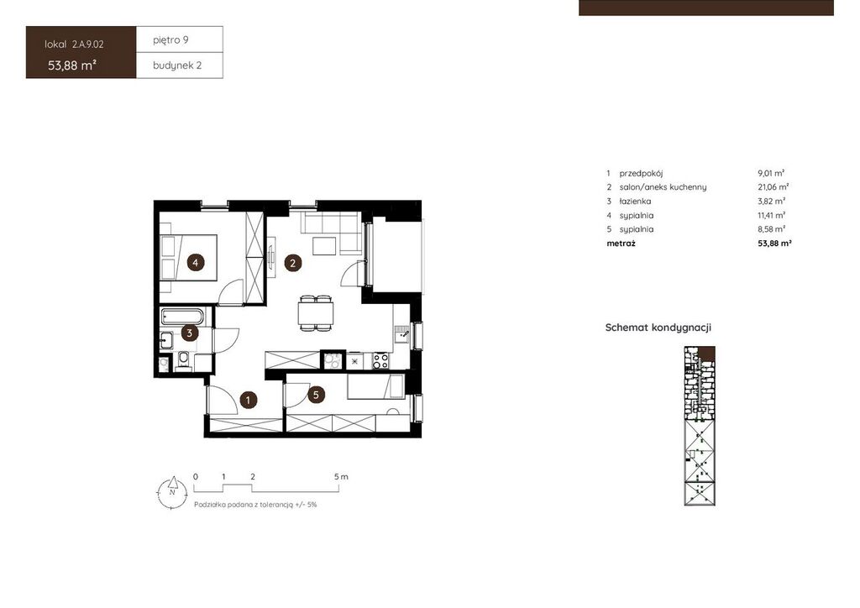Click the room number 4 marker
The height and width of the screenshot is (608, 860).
(195, 263)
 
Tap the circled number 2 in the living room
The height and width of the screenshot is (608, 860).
(293, 263)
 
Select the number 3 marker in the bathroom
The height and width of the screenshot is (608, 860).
(189, 333)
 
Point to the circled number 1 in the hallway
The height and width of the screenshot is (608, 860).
(248, 401)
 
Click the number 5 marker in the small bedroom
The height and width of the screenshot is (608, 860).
(316, 394)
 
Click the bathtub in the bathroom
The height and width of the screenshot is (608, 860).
(182, 317)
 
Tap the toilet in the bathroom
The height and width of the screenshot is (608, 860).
(183, 361)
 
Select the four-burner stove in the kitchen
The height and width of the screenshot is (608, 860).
(380, 360)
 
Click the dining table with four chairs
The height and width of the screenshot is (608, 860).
(316, 313)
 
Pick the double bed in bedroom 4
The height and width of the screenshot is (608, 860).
(189, 258)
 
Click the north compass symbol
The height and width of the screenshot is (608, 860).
(171, 492)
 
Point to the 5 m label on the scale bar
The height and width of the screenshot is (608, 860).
(341, 477)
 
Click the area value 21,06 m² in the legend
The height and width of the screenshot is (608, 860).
(773, 187)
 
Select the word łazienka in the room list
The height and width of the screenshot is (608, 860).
(635, 202)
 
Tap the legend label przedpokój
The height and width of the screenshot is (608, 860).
(641, 173)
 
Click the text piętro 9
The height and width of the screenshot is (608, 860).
(171, 40)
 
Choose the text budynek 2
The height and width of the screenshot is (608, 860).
(177, 66)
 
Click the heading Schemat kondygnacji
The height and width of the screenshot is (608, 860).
(658, 328)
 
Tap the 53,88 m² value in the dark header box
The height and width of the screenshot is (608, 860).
(72, 66)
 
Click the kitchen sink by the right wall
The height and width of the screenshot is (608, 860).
(401, 333)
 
